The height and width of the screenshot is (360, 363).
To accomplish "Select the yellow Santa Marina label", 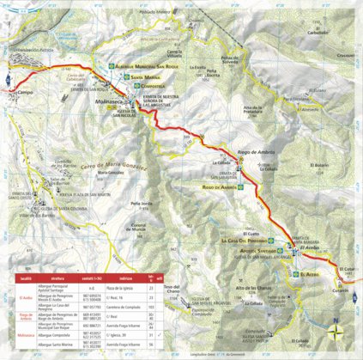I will click(x=148, y=76).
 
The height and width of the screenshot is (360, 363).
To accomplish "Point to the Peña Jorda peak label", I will click(x=139, y=204).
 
